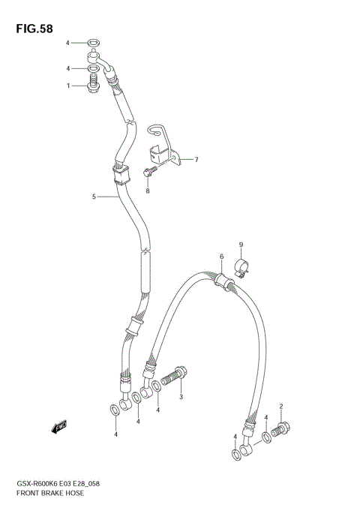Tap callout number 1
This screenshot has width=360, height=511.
click(68, 86)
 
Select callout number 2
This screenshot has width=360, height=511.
click(281, 406)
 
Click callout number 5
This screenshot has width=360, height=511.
click(94, 197)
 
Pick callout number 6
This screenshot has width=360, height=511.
click(222, 257)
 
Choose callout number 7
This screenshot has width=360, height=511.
click(196, 159)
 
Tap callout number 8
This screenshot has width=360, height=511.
click(148, 191)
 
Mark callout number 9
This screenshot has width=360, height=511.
click(241, 245)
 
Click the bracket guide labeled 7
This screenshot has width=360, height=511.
click(163, 150)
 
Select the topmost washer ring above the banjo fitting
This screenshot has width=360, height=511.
click(91, 43)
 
